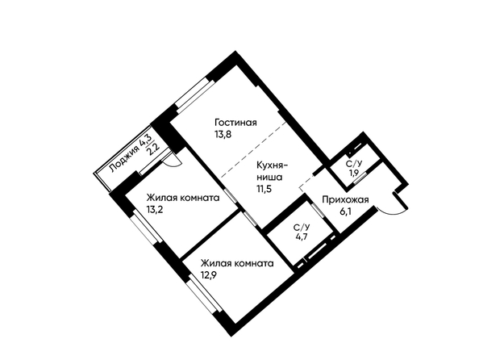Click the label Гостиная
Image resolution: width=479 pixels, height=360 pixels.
tap(235, 123)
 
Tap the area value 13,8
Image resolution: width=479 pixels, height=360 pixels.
tap(223, 134)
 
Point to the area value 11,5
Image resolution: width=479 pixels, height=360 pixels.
tap(264, 188)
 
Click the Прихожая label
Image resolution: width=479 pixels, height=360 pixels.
tap(345, 200)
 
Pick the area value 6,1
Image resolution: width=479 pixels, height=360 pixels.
tap(345, 211)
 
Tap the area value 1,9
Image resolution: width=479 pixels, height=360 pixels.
tap(354, 173)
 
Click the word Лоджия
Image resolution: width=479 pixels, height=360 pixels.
tap(124, 160)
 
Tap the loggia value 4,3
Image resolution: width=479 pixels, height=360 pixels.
tap(145, 140)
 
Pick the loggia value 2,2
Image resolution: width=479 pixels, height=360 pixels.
tap(153, 149)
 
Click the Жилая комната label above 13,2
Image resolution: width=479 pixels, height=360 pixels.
tap(183, 198)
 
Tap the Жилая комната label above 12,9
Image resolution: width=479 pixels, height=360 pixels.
tap(237, 263)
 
